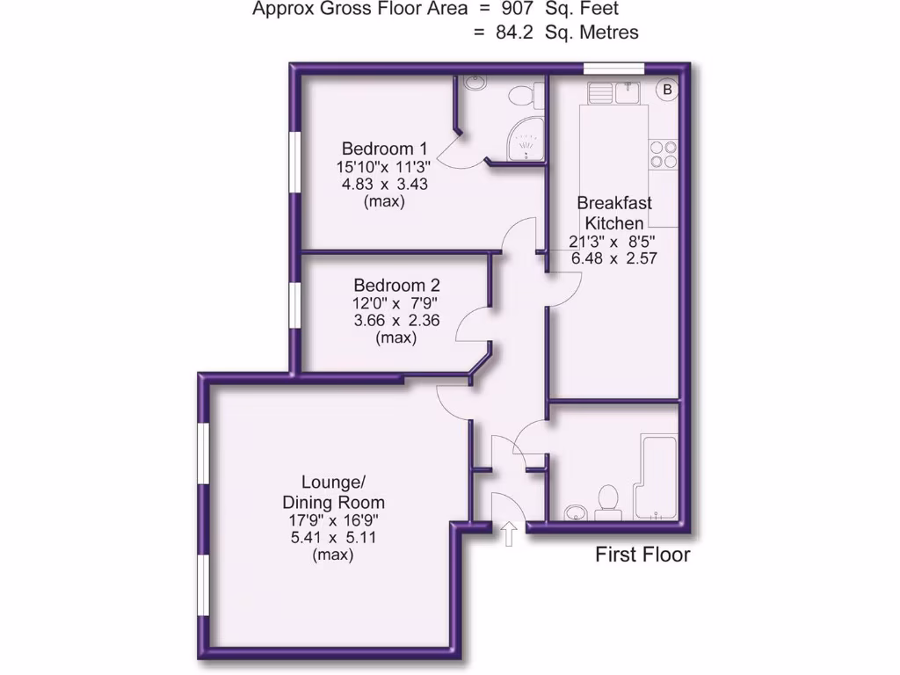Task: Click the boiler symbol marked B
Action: pyautogui.click(x=667, y=90)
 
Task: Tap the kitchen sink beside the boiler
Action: pyautogui.click(x=616, y=92)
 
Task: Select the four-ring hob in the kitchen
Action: pyautogui.click(x=663, y=155)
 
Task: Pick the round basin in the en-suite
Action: pyautogui.click(x=475, y=85)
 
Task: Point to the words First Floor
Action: pyautogui.click(x=642, y=555)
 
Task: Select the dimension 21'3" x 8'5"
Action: pyautogui.click(x=613, y=242)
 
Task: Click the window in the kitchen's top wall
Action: pyautogui.click(x=613, y=68)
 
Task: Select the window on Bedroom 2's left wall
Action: pyautogui.click(x=296, y=307)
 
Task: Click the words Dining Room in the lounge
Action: pyautogui.click(x=333, y=503)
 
